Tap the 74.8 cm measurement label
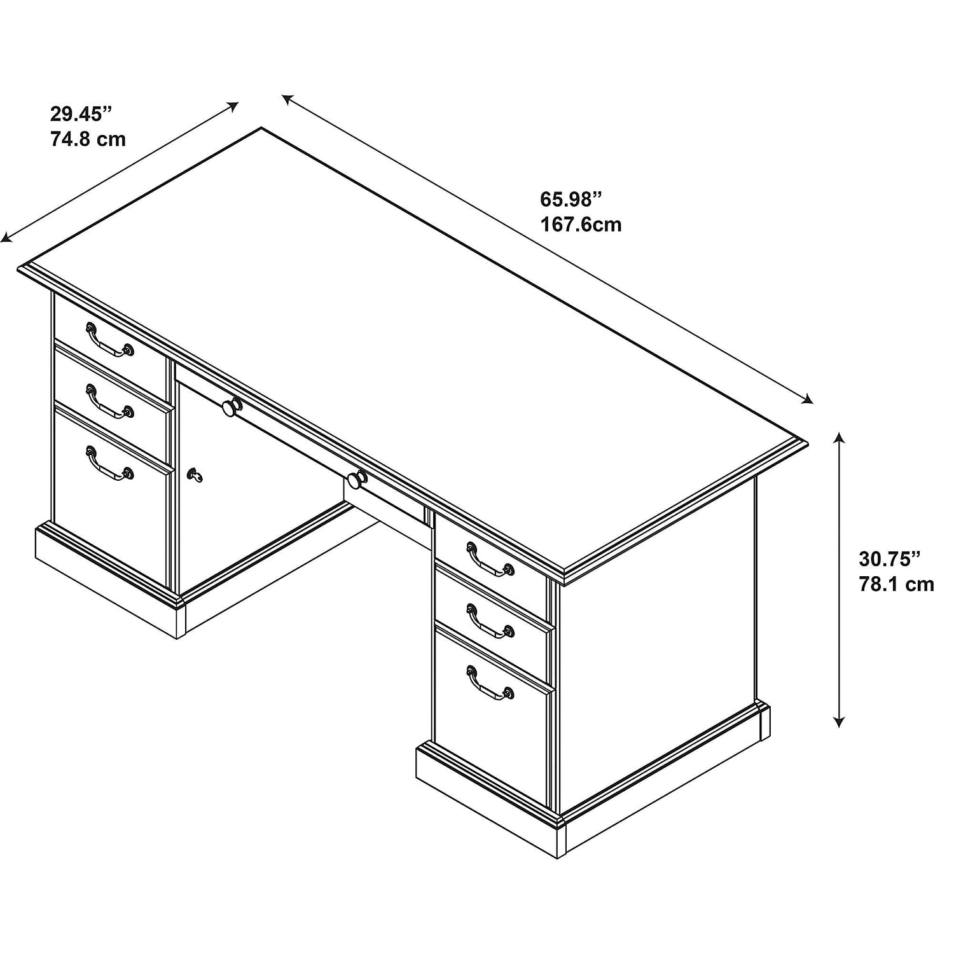click(88, 139)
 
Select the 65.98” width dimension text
click(570, 199)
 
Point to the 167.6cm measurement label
click(581, 224)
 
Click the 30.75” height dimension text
click(890, 559)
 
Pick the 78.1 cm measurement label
click(897, 584)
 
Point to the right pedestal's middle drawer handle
click(490, 621)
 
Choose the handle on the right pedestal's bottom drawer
click(490, 683)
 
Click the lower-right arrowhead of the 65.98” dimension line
click(808, 399)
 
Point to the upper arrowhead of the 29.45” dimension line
click(233, 106)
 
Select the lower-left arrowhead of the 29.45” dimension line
click(6, 238)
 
